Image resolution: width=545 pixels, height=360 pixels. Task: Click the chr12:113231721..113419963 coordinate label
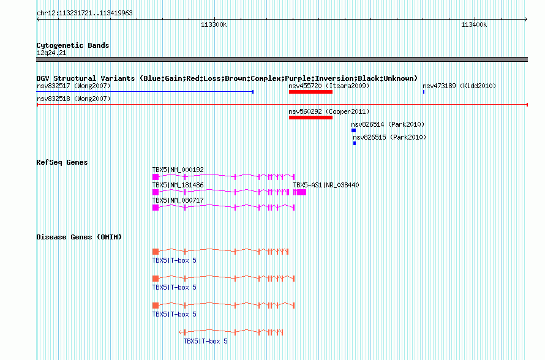[85, 13]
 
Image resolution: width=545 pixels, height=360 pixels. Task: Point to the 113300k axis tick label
[214, 24]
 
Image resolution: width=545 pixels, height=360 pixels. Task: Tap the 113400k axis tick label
[474, 24]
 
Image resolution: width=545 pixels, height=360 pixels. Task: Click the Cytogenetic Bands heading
[73, 45]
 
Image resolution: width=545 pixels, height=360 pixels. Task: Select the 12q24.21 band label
[51, 53]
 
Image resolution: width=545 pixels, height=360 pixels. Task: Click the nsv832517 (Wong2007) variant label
[73, 86]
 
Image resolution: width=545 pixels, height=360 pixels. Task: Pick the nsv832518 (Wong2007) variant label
[73, 99]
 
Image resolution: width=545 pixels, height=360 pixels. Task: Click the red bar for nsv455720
[310, 92]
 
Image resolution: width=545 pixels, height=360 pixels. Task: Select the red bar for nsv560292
[310, 118]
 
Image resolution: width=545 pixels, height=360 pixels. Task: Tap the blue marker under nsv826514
[353, 130]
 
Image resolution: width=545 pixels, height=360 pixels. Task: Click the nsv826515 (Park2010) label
[389, 137]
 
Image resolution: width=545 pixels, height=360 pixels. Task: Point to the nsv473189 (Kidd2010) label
[459, 86]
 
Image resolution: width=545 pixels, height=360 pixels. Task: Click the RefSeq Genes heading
[62, 162]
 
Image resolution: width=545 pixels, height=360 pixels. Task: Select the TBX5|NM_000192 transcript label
[178, 170]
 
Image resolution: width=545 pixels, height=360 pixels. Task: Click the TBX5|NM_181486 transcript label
[178, 185]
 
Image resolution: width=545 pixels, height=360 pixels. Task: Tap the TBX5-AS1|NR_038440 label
[326, 185]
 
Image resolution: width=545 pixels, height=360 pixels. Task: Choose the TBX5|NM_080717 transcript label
[178, 200]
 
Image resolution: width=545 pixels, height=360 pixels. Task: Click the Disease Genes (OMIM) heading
[79, 237]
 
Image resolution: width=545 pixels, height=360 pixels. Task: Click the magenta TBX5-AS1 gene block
[299, 192]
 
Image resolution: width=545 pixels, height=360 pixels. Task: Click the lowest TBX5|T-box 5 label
[205, 341]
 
